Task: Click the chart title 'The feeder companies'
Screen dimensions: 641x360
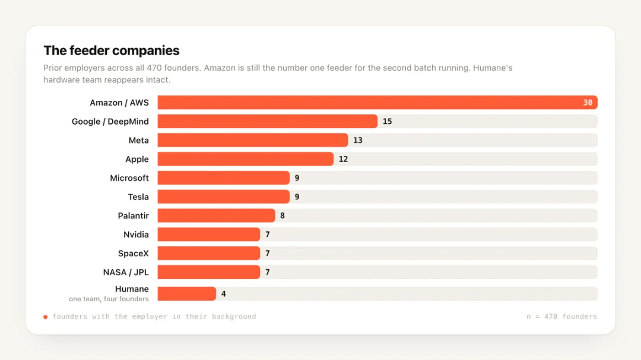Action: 111,50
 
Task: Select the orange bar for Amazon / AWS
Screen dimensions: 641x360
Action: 377,103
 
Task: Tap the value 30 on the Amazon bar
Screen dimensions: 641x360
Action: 588,103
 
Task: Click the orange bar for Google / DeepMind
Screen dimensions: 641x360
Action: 267,122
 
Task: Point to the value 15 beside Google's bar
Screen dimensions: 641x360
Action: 387,122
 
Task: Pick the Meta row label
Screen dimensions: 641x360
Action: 138,140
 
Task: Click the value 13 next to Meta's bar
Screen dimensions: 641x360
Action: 358,140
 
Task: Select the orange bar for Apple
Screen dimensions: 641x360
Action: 245,159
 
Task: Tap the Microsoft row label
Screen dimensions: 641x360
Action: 129,178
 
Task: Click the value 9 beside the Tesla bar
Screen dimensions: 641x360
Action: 297,197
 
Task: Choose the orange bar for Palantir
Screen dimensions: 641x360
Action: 216,216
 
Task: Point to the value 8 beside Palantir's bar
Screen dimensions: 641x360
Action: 282,216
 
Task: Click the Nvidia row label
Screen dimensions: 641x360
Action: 136,234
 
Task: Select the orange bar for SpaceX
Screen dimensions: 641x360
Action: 208,253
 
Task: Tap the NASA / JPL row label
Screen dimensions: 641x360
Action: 126,272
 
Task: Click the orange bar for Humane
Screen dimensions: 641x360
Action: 187,294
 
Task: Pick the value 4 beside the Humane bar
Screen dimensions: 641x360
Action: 223,294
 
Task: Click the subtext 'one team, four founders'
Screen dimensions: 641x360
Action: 109,299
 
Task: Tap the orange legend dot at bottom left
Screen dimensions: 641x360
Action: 45,317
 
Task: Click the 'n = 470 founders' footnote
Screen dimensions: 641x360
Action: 561,316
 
